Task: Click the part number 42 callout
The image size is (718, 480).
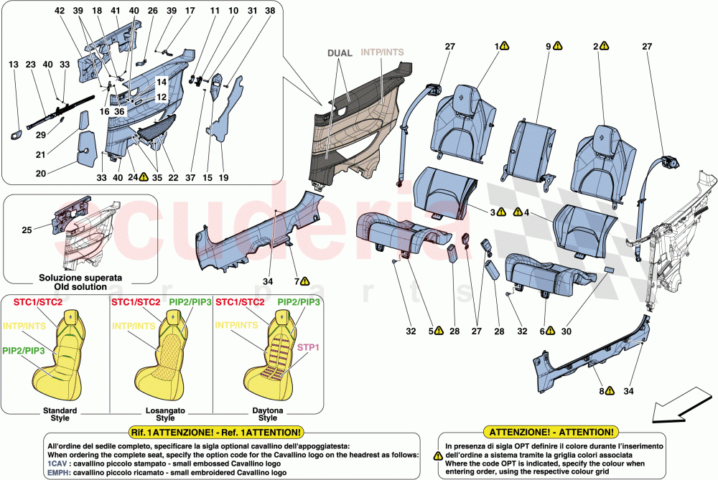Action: click(x=60, y=11)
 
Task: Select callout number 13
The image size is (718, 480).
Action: click(x=14, y=65)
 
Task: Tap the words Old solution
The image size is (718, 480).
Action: click(x=80, y=287)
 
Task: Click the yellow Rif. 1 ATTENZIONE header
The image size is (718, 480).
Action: click(x=217, y=433)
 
